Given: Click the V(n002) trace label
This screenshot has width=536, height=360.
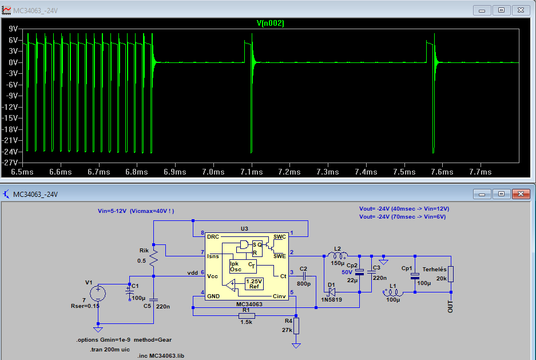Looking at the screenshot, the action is click(271, 23).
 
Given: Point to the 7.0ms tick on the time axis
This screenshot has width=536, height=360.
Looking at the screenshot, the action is click(213, 172).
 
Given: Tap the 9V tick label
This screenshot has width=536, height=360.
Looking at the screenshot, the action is click(13, 29).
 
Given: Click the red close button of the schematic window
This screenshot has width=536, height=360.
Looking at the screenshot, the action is click(521, 194).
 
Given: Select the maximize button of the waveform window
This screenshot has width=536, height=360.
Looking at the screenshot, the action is click(501, 10).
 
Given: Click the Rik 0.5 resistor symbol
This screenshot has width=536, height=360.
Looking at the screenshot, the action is click(153, 259).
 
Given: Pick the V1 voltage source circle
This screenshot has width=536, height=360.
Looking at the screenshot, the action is click(98, 294).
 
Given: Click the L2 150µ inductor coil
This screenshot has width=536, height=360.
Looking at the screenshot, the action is click(338, 255).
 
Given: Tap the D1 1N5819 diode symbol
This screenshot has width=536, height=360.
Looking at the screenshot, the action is click(331, 292).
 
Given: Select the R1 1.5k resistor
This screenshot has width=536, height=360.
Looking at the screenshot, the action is click(247, 316).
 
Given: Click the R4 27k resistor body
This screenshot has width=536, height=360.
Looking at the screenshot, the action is click(296, 326).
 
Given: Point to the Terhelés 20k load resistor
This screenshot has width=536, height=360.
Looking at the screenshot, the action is click(451, 274).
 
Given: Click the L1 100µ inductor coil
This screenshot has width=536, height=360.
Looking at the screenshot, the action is click(393, 292).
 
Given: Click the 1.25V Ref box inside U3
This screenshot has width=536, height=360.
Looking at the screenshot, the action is click(254, 284).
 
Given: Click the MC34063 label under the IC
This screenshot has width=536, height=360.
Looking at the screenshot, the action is click(249, 304).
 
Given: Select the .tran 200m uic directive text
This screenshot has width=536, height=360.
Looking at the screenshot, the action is click(110, 349).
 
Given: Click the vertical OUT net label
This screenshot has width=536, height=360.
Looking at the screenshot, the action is click(450, 306).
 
